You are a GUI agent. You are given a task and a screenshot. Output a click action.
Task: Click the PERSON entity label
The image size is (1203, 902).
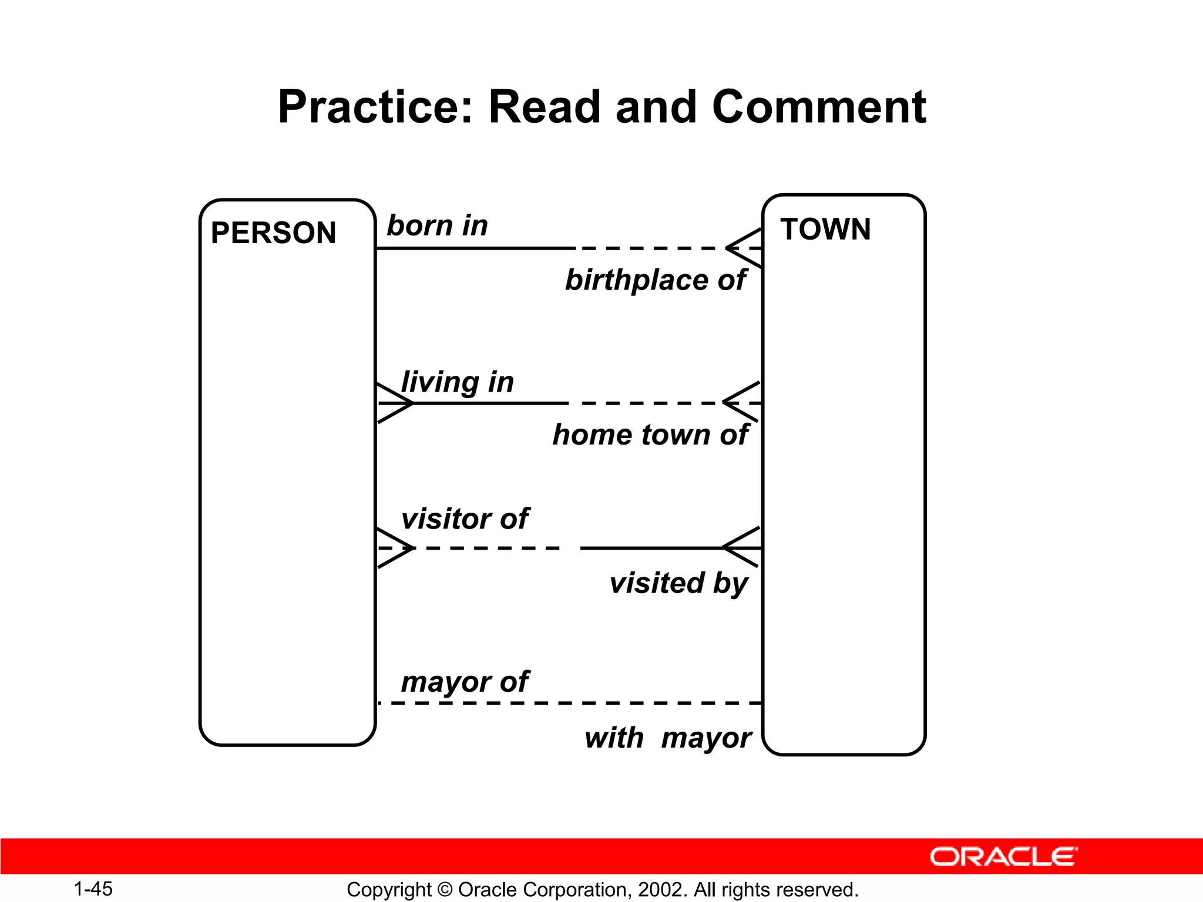[x=273, y=233]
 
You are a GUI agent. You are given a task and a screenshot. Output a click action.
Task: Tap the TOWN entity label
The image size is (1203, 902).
[x=825, y=229]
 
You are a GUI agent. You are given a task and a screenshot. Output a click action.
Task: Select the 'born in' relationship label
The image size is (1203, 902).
[x=437, y=225]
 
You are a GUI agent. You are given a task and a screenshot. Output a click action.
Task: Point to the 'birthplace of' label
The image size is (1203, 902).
[x=655, y=280]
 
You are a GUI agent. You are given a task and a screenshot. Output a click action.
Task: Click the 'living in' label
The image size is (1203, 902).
[x=457, y=382]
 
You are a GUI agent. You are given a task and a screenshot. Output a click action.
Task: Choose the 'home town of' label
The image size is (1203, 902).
[x=650, y=435]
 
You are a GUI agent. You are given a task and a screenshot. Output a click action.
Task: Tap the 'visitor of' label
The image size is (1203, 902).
[x=465, y=519]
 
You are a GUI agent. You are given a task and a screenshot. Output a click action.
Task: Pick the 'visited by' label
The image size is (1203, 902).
[x=678, y=583]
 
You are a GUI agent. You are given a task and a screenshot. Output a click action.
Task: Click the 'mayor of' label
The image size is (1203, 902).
[x=465, y=682]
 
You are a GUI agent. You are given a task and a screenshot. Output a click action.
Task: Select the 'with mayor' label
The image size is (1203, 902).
[x=668, y=738]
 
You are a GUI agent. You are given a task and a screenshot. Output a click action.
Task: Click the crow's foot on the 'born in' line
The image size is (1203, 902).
[x=745, y=248]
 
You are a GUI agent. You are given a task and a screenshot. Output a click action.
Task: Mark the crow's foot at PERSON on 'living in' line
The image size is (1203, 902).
[x=395, y=403]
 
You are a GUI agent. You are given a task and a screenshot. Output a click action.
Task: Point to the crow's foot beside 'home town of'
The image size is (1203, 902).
[x=742, y=402]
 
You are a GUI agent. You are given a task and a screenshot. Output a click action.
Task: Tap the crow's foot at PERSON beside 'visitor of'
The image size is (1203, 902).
[x=395, y=548]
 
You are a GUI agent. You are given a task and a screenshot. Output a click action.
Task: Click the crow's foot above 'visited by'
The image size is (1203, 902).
[x=741, y=547]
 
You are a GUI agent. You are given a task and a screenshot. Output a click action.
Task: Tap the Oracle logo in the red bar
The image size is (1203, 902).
[x=1003, y=857]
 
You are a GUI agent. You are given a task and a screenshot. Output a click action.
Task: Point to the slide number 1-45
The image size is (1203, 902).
[x=93, y=888]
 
